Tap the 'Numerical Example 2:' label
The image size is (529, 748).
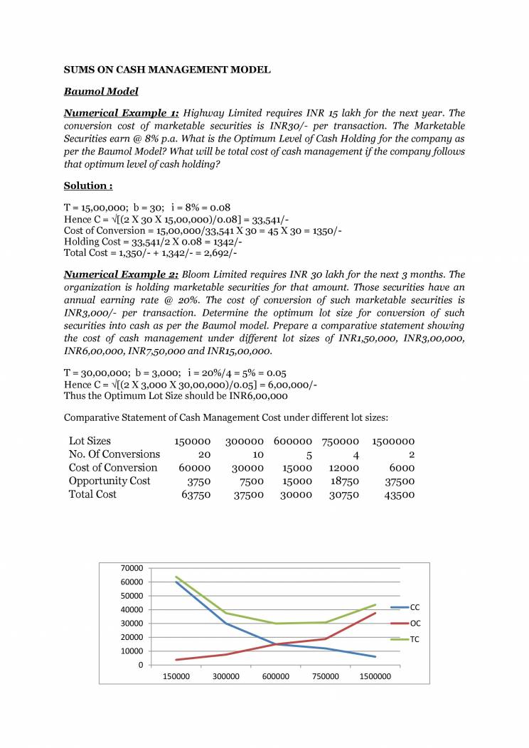(x=121, y=274)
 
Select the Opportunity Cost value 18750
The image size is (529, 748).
(x=344, y=481)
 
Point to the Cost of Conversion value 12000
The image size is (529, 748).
(x=344, y=468)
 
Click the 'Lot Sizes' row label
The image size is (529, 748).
(x=90, y=441)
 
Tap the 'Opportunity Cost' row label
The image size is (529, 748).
(x=109, y=481)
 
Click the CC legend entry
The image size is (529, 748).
(x=415, y=607)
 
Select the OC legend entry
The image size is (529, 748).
(x=415, y=624)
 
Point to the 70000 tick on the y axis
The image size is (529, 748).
(x=133, y=568)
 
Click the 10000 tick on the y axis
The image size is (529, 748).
(x=133, y=651)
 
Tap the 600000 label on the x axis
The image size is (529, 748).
(x=276, y=677)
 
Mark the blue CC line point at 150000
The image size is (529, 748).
(x=176, y=582)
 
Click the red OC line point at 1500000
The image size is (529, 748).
(x=375, y=613)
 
